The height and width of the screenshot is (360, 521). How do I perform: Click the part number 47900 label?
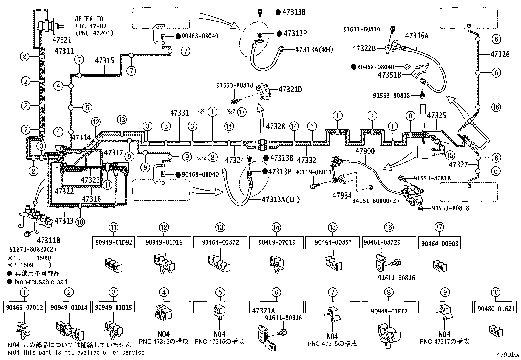pyautogui.click(x=365, y=151)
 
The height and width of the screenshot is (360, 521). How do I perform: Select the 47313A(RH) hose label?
pyautogui.click(x=314, y=50)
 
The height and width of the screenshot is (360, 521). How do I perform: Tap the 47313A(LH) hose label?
pyautogui.click(x=281, y=199)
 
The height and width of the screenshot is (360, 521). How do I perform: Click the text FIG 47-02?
pyautogui.click(x=91, y=26)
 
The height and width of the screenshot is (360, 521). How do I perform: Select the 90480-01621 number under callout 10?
pyautogui.click(x=496, y=309)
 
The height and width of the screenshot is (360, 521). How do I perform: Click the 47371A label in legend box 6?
pyautogui.click(x=263, y=311)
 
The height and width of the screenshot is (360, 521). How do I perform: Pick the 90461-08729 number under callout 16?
pyautogui.click(x=383, y=243)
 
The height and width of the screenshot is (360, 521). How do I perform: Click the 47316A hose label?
pyautogui.click(x=417, y=36)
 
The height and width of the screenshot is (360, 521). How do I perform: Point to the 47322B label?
pyautogui.click(x=364, y=48)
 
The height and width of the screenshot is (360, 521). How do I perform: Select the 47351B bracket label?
pyautogui.click(x=389, y=75)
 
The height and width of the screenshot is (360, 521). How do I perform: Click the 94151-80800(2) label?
pyautogui.click(x=375, y=201)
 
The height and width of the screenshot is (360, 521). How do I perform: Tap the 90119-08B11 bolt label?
pyautogui.click(x=313, y=172)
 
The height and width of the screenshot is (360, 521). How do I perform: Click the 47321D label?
pyautogui.click(x=290, y=89)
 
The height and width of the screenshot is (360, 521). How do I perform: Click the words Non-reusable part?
pyautogui.click(x=41, y=282)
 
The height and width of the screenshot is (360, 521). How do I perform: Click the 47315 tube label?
pyautogui.click(x=105, y=61)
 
